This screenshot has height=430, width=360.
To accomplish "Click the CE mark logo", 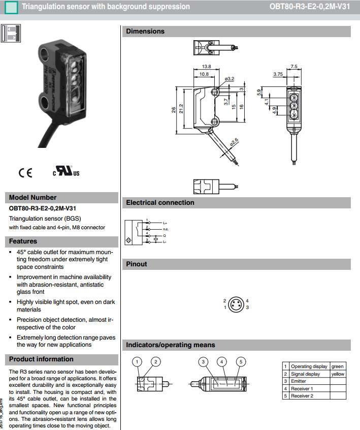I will coord(25,173).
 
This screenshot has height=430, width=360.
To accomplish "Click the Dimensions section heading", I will coord(145,32).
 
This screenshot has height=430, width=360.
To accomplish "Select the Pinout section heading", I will coord(137,264).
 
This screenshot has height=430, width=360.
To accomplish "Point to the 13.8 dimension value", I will coord(206,67).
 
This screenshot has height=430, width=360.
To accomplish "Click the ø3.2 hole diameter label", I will coord(229,79).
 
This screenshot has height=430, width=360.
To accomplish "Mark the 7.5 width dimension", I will coord(294,67).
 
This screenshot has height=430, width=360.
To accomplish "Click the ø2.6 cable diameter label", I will coord(234,143).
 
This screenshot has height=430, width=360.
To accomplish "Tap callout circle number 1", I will coord(138,362).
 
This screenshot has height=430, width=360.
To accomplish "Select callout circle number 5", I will coord(241,362).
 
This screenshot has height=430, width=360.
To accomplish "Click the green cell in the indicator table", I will coord(337,366).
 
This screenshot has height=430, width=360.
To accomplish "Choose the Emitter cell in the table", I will coord(299,381).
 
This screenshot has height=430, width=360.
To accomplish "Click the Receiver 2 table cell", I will coord(302,396).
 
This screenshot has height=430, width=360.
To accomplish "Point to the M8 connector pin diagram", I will coord(236,304).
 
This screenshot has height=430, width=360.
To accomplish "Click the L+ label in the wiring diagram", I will coord(165,223).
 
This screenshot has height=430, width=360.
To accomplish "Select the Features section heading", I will coord(23,241).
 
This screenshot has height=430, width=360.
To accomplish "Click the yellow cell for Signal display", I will coord(338,374).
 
